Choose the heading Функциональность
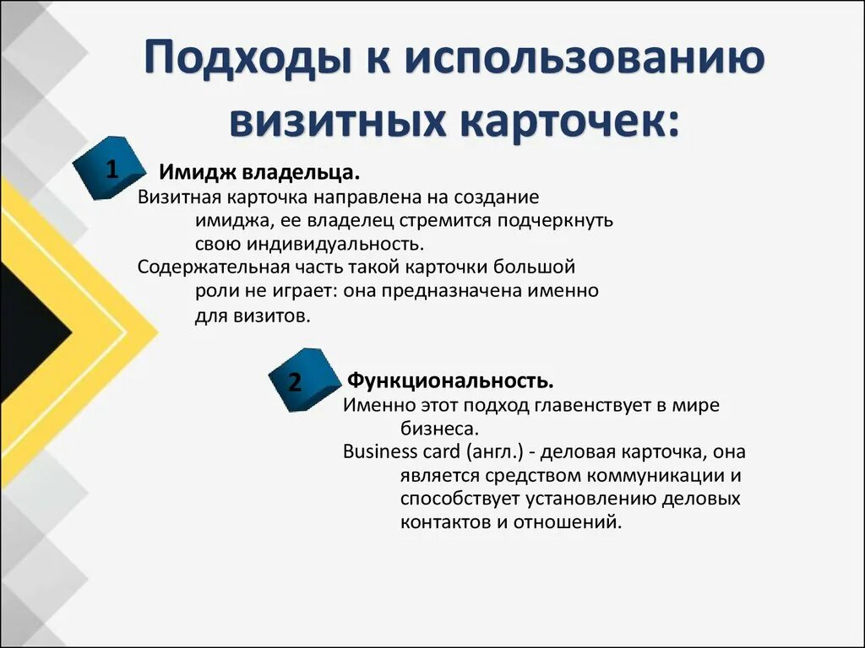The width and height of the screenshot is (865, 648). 451,381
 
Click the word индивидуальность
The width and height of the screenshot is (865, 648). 335,245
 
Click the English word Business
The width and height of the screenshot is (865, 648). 378,451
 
